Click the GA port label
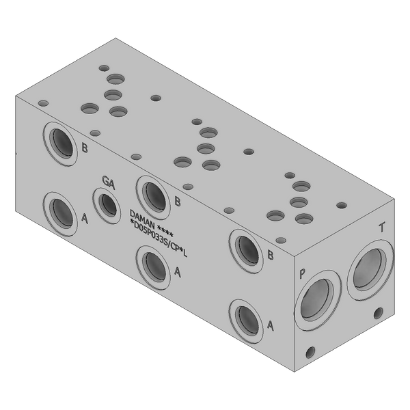(109, 182)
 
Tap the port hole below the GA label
(107, 206)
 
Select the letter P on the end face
(302, 273)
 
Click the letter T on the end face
(382, 228)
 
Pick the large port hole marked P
(318, 300)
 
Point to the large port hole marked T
(370, 270)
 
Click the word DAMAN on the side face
(143, 219)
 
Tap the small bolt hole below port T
(378, 313)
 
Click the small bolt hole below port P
(310, 352)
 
